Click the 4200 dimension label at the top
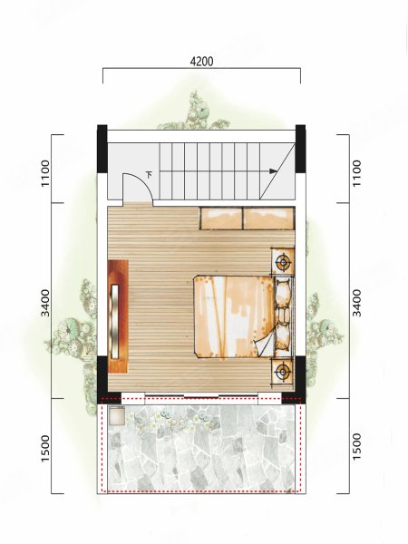[202, 62]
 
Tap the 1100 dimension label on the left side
[45, 173]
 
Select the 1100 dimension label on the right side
[356, 173]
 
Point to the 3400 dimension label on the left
[45, 303]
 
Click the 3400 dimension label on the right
[356, 303]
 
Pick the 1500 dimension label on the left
[45, 448]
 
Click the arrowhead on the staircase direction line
[274, 171]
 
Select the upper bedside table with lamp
[283, 261]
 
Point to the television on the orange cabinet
[114, 321]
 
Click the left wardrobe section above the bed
[221, 218]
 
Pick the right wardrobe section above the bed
[269, 218]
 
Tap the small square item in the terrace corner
[117, 415]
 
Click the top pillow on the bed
[284, 292]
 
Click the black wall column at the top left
[102, 149]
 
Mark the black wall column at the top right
[300, 149]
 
